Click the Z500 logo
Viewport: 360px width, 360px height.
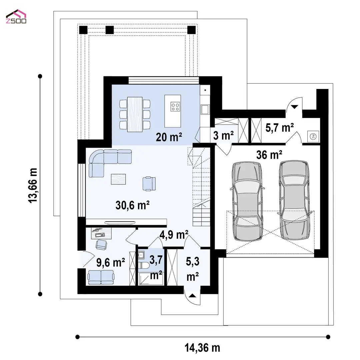point(16,17)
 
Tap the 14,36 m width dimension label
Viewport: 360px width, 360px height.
point(202,348)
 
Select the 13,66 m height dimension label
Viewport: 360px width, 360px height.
point(33,185)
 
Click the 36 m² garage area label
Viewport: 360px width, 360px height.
point(269,155)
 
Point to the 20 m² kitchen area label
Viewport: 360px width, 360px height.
point(169,137)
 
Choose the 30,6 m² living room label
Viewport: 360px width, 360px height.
point(132,205)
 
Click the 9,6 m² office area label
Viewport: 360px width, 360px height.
point(111,262)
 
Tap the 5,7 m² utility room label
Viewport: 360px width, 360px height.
point(279,127)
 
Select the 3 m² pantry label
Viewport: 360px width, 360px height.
point(223,135)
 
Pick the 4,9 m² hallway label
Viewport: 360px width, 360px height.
point(174,235)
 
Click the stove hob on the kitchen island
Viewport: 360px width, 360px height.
point(175,107)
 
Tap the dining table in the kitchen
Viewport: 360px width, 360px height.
point(135,114)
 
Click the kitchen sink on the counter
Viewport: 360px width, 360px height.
point(205,110)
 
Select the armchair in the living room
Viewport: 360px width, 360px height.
point(149,183)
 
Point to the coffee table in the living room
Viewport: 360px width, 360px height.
point(118,179)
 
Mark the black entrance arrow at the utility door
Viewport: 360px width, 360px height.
point(295,107)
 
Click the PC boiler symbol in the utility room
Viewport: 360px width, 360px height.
point(313,136)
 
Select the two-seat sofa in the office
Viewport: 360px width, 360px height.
point(101,277)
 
